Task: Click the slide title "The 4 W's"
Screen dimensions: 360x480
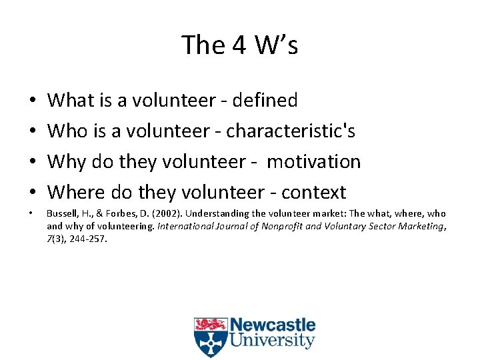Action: [x=239, y=45]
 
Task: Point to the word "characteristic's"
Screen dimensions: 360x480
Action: [x=291, y=131]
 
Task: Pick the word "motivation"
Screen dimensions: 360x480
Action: [x=313, y=162]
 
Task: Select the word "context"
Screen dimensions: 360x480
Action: [x=313, y=193]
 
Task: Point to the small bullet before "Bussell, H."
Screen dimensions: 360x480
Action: [x=33, y=214]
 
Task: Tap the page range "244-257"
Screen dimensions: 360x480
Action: [x=87, y=238]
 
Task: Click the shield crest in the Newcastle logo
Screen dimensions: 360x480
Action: [x=211, y=337]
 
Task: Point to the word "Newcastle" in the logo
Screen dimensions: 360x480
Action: [x=273, y=326]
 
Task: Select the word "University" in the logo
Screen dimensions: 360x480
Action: [x=273, y=341]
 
